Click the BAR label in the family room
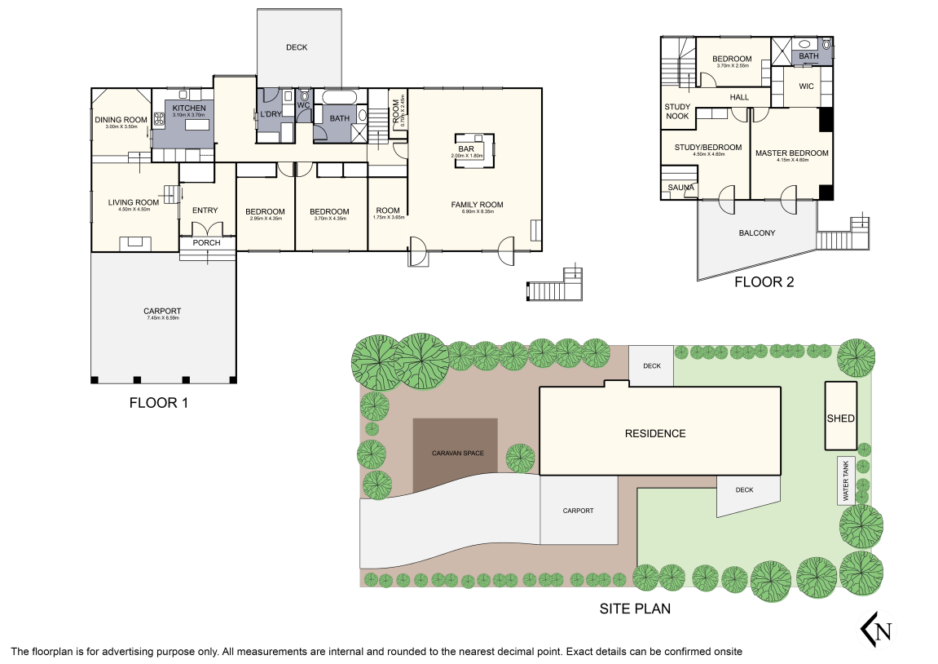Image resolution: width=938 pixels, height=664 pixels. (465, 148)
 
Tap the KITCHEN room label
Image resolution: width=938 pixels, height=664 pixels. (188, 108)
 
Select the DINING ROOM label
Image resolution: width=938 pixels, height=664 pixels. (121, 120)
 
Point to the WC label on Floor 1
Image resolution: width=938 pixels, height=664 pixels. (303, 105)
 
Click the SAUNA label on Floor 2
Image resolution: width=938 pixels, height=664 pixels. (680, 188)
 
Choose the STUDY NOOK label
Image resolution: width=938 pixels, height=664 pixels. (677, 112)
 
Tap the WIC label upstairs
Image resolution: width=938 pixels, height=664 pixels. (806, 86)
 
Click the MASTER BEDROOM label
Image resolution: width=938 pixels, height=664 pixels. (791, 153)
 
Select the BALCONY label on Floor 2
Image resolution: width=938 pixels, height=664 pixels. (756, 233)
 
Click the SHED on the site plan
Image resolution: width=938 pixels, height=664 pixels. (840, 418)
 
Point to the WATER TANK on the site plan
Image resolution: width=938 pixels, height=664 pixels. (845, 480)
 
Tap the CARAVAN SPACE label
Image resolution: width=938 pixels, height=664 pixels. (456, 452)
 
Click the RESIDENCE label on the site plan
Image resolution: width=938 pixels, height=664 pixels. (655, 433)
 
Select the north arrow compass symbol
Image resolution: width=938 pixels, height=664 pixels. (877, 630)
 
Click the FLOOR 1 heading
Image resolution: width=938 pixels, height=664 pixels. (159, 403)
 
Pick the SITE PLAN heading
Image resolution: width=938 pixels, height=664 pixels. (635, 609)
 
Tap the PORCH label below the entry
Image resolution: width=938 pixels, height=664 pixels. (206, 243)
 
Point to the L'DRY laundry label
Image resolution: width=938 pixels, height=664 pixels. (270, 114)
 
